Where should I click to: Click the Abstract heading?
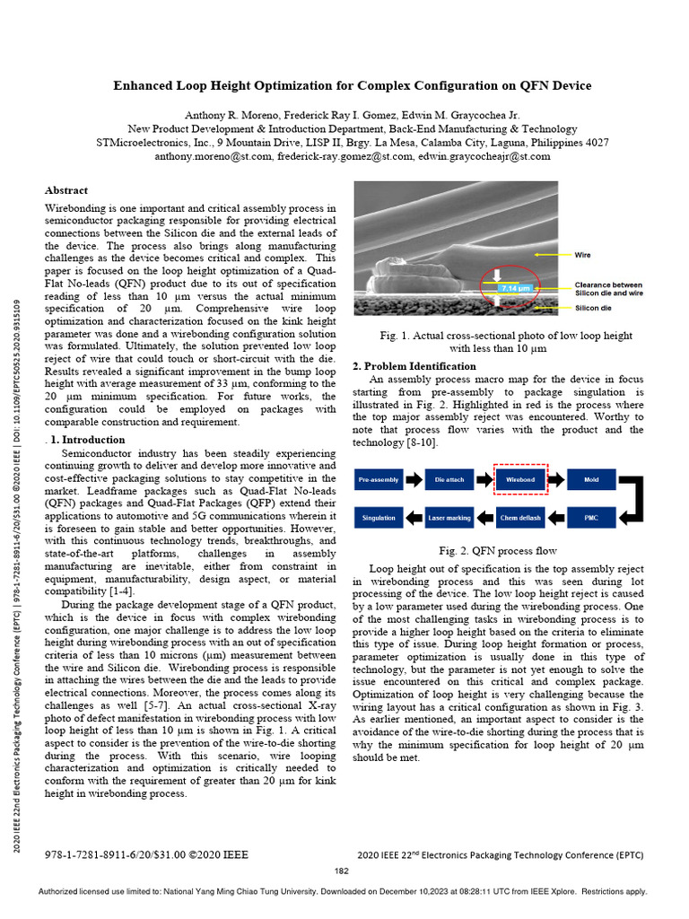pos(66,190)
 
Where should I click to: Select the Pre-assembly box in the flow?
pos(379,480)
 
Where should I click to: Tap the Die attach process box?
pos(449,480)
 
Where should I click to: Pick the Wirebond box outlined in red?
pos(520,480)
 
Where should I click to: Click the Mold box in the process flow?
pos(591,480)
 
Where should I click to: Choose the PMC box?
pos(591,518)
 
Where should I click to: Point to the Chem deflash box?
pos(520,518)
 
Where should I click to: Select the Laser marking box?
pos(449,518)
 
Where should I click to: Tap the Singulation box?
pos(379,518)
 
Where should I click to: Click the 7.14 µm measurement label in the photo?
pos(516,288)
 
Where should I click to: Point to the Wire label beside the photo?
pos(582,256)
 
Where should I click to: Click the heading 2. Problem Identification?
pos(414,366)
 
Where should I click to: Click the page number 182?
pos(342,871)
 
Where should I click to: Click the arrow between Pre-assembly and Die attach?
pos(414,480)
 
